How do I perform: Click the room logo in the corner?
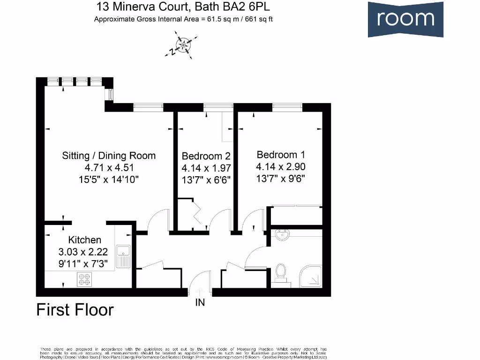tap(405, 19)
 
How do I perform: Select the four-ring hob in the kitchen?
tap(85, 279)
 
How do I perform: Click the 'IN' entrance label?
tap(200, 303)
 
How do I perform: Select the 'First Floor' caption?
tap(75, 310)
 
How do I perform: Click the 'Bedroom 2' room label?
tap(206, 156)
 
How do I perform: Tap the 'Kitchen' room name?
tap(85, 240)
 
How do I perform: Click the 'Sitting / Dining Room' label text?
tap(109, 156)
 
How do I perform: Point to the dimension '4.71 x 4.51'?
tap(109, 167)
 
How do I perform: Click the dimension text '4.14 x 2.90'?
tap(281, 166)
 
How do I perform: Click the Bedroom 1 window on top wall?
tap(287, 107)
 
